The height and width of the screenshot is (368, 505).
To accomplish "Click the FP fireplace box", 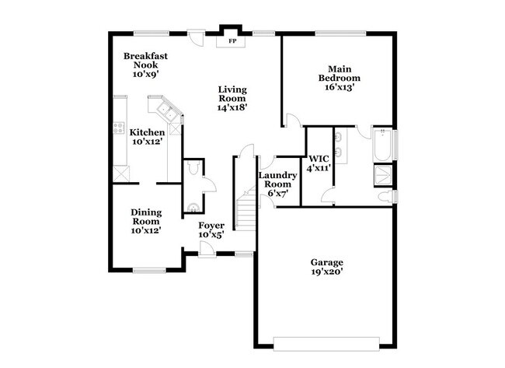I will pyautogui.click(x=232, y=40).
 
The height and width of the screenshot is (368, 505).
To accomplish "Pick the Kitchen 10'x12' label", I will pyautogui.click(x=147, y=137).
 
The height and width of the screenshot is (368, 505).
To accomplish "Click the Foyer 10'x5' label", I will pyautogui.click(x=211, y=230).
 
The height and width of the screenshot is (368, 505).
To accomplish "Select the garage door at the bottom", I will pyautogui.click(x=326, y=340).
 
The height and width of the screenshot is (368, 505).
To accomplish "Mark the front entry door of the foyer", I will pyautogui.click(x=206, y=249).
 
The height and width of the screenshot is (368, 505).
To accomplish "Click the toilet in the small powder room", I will pyautogui.click(x=191, y=206).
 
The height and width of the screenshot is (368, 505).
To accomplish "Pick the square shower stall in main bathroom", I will pyautogui.click(x=383, y=173).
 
